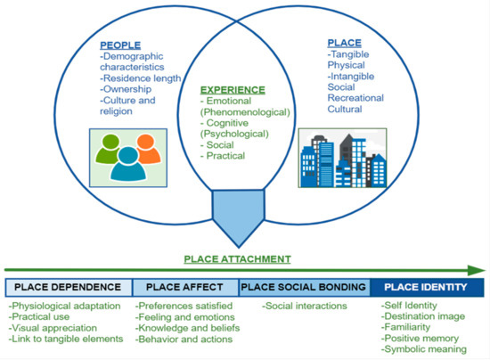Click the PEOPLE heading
tap(122, 46)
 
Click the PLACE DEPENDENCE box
tap(69, 287)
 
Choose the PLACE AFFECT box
tap(185, 287)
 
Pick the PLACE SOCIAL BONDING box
tap(303, 287)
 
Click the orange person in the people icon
tap(144, 145)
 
